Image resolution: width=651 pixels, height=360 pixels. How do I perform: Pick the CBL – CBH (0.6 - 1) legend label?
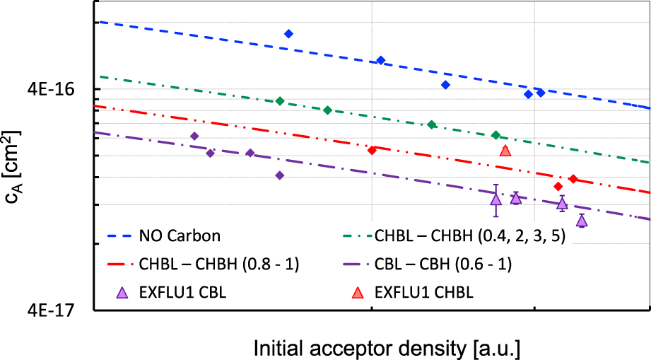[x=443, y=265]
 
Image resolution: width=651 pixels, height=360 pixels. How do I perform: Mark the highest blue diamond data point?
[x=288, y=34]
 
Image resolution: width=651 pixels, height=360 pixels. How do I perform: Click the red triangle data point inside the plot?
[x=505, y=151]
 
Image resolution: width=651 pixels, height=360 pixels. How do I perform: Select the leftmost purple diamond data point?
[x=194, y=136]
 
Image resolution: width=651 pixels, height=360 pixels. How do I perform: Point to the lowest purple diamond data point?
[x=280, y=175]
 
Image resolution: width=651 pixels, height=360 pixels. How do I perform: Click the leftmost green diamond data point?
[x=280, y=101]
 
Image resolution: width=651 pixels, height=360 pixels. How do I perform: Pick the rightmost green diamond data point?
[x=495, y=135]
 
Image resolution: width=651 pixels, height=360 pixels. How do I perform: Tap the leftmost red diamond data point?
[x=372, y=150]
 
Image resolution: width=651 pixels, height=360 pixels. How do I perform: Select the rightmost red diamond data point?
[x=573, y=179]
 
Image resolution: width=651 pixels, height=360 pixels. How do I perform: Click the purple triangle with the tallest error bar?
[x=496, y=199]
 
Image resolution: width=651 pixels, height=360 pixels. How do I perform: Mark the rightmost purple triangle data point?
[x=581, y=221]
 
